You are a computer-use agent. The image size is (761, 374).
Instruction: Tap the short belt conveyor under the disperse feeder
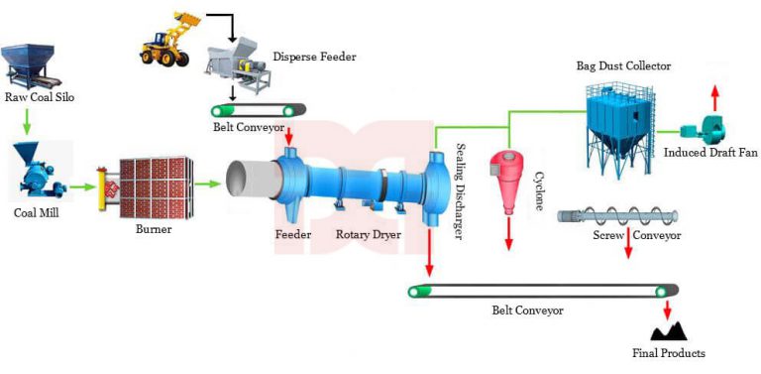click(x=257, y=109)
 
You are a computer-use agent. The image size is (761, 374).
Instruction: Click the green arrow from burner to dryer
click(x=207, y=183)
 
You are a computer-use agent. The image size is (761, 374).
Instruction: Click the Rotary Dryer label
click(x=362, y=235)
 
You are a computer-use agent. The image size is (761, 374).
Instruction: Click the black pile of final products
click(x=665, y=328)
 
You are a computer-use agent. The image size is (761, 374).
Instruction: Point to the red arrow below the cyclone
click(x=510, y=232)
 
